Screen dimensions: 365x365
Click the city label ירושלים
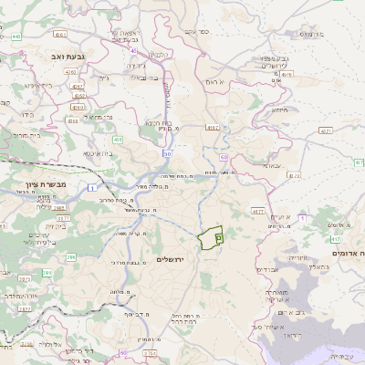(x=171, y=260)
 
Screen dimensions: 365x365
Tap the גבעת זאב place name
(x=43, y=56)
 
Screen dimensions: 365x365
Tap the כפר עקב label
(x=195, y=32)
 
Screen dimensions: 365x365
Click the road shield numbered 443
(x=16, y=36)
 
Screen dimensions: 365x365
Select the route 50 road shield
(x=168, y=153)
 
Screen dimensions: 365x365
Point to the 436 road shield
(x=119, y=140)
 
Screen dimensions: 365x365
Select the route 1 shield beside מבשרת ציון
(x=93, y=187)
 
